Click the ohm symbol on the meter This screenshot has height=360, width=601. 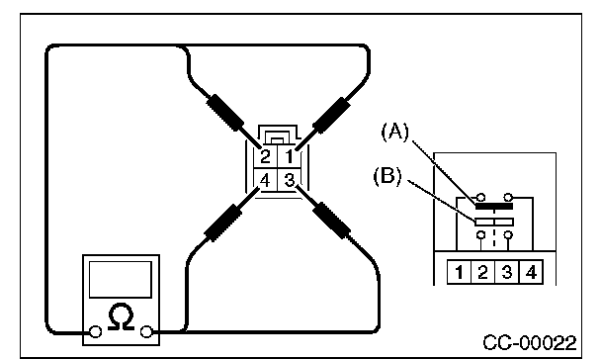pyautogui.click(x=122, y=316)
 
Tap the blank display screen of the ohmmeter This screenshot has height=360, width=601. pyautogui.click(x=121, y=280)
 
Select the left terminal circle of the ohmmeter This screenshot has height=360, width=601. pyautogui.click(x=96, y=331)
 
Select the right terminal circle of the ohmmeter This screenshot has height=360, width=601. pyautogui.click(x=146, y=331)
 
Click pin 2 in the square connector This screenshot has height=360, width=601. pyautogui.click(x=265, y=156)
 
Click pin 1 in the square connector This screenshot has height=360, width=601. pyautogui.click(x=289, y=156)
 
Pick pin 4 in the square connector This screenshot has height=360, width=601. pyautogui.click(x=265, y=180)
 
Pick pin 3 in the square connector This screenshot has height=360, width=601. pyautogui.click(x=289, y=180)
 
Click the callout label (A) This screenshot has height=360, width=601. pyautogui.click(x=395, y=132)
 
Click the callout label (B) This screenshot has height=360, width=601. pyautogui.click(x=387, y=176)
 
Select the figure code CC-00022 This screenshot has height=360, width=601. pyautogui.click(x=529, y=342)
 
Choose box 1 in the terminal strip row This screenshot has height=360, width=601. pyautogui.click(x=460, y=272)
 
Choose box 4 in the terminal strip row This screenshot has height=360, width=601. pyautogui.click(x=531, y=272)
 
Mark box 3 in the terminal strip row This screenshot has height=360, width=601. pyautogui.click(x=507, y=272)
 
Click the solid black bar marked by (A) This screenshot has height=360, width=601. pyautogui.click(x=493, y=207)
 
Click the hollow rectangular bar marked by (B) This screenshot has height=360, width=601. pyautogui.click(x=494, y=222)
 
